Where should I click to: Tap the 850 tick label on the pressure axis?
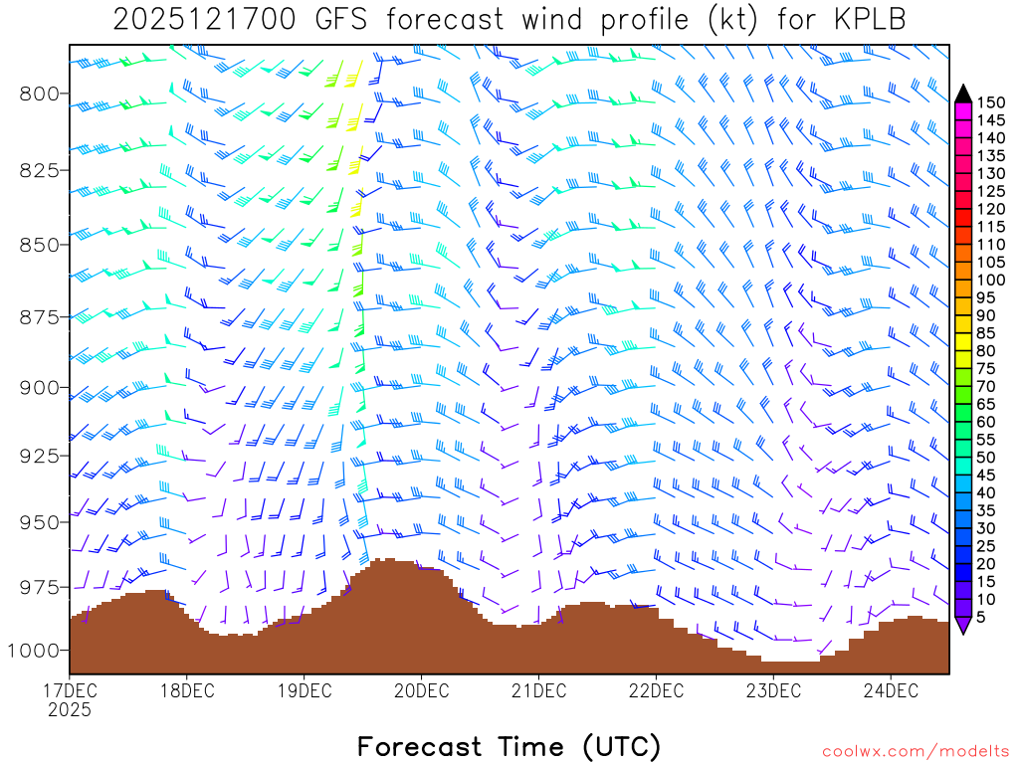pos(41,244)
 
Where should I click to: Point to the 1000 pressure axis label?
pos(36,650)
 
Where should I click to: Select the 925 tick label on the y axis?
pos(41,455)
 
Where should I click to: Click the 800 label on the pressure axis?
pos(41,94)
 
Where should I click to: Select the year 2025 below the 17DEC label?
pos(70,709)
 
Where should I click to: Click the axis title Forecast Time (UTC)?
pos(509,746)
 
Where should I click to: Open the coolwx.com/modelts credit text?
pos(915,750)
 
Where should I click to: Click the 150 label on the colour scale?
pos(991,101)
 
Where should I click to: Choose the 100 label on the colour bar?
pos(991,281)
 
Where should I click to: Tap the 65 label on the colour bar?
pos(986,405)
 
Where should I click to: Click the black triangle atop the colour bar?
pos(962,94)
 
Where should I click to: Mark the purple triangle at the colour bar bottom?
pos(962,626)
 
